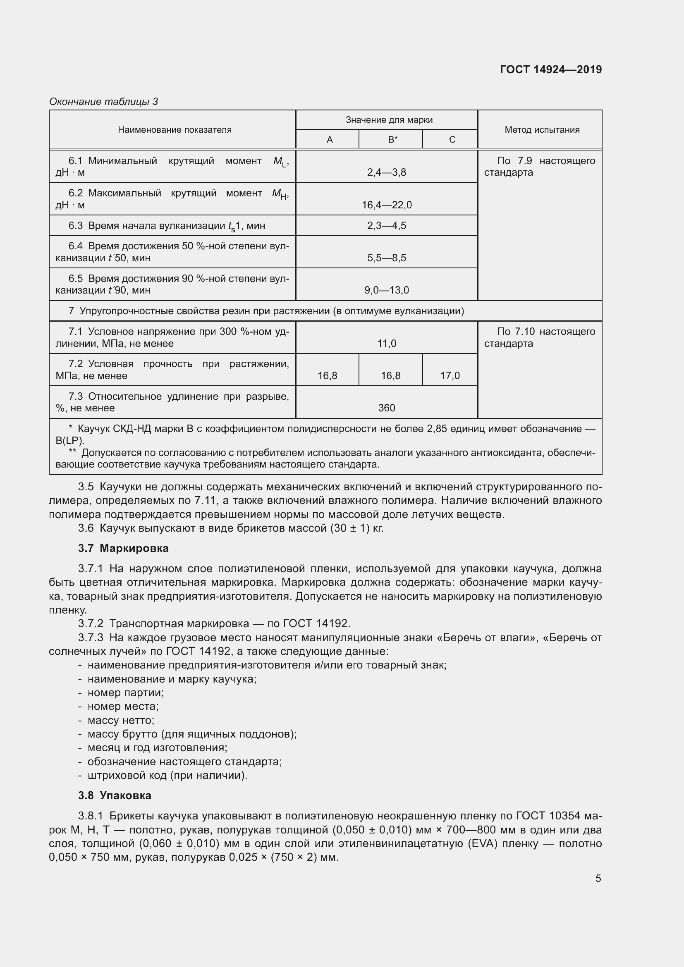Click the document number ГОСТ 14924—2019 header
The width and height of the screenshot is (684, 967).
click(550, 69)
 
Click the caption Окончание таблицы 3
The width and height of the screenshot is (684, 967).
click(104, 102)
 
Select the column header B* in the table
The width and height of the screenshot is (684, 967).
click(392, 139)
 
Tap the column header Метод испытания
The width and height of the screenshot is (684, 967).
click(542, 130)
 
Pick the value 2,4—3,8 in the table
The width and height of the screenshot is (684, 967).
click(386, 172)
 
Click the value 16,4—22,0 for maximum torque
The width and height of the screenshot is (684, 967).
click(386, 205)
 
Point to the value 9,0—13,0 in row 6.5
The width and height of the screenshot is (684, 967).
click(386, 290)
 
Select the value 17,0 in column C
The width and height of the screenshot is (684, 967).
click(450, 376)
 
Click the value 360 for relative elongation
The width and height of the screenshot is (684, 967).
click(386, 408)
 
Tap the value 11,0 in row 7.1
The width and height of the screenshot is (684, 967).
click(386, 344)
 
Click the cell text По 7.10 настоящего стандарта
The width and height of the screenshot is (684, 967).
click(540, 337)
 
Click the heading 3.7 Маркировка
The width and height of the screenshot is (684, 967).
click(123, 548)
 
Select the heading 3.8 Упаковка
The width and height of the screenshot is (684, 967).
click(115, 795)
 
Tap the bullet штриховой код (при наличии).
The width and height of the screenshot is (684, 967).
click(167, 775)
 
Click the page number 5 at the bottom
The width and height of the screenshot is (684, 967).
click(598, 879)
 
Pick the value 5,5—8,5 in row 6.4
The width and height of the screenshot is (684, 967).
click(386, 258)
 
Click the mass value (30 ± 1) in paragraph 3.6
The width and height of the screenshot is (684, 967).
click(343, 528)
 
